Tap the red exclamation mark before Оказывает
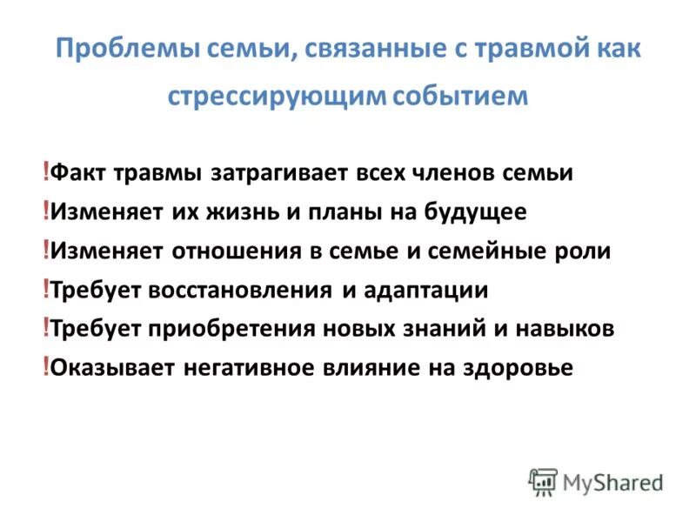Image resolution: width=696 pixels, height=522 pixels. point(45,367)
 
